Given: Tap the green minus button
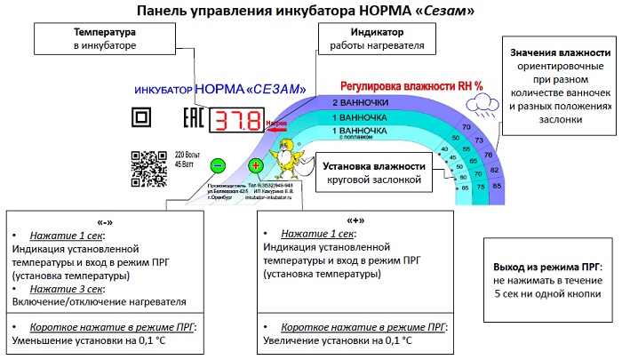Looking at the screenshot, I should tap(218, 165).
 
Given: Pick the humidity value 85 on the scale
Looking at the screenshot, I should tap(496, 184).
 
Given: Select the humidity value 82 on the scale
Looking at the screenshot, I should tap(494, 169).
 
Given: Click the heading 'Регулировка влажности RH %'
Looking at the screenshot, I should tap(411, 87).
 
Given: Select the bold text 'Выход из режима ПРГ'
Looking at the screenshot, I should tap(544, 266).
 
